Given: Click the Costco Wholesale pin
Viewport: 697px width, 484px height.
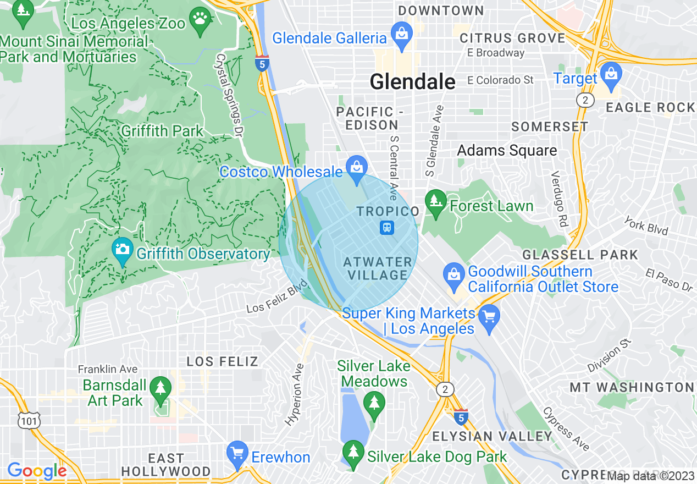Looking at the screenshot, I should tap(357, 169).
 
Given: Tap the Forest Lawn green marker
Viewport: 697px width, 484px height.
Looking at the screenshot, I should tap(436, 203).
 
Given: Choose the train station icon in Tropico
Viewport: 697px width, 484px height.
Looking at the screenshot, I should tap(387, 227).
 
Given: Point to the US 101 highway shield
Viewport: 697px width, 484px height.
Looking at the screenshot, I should tap(26, 421).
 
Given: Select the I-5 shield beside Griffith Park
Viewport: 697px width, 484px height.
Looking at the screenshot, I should tap(262, 64).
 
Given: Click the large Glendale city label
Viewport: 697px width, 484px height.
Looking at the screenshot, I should tap(412, 82).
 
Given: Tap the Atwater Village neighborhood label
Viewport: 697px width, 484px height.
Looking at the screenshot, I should tap(378, 268).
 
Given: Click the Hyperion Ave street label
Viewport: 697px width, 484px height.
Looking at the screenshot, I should tap(294, 394).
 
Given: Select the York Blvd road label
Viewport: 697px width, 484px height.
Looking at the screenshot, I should tap(646, 226).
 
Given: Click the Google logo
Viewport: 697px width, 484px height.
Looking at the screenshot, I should tap(37, 471).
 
